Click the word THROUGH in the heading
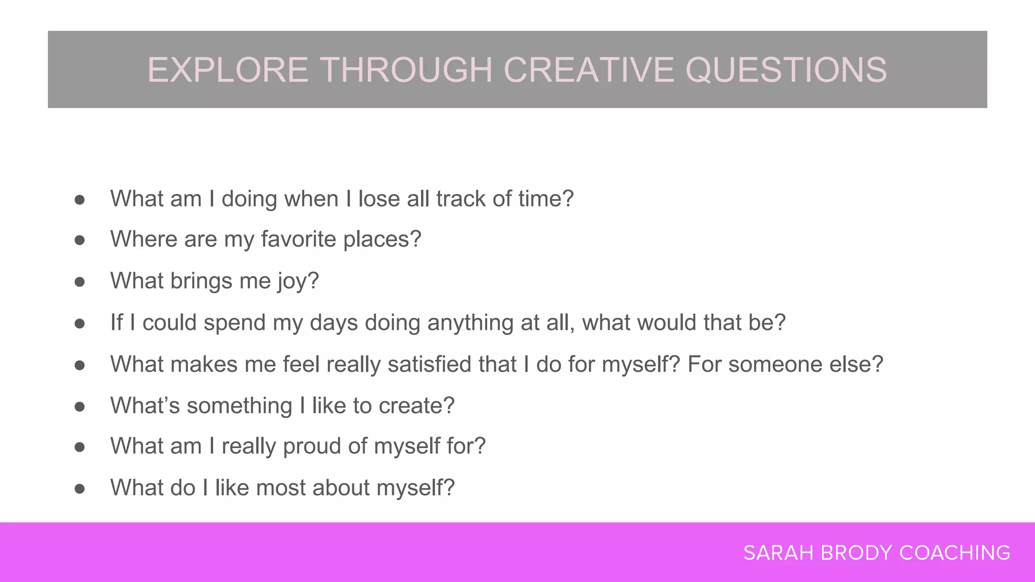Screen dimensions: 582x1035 406,70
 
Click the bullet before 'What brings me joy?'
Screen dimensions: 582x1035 79,282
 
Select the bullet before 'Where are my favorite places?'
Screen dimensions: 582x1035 79,240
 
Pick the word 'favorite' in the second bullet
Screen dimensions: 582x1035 298,239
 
